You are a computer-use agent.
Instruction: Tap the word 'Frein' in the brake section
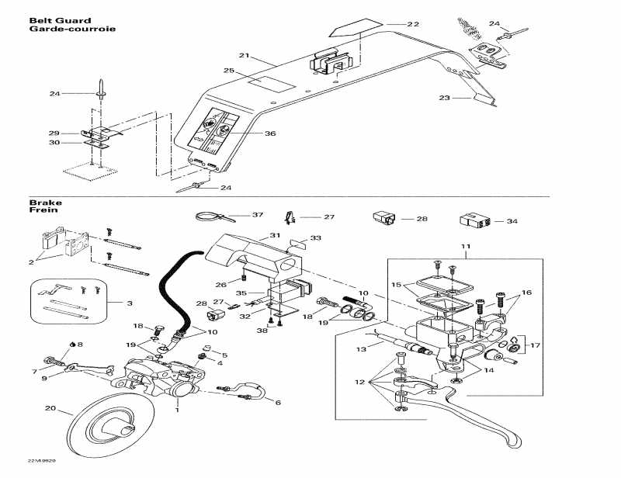[x=41, y=210]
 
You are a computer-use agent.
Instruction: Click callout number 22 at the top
[x=412, y=24]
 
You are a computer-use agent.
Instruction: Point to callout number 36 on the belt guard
[x=270, y=133]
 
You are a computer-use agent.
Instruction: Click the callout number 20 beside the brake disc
[x=50, y=408]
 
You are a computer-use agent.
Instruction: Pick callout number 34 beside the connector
[x=512, y=221]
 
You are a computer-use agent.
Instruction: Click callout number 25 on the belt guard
[x=228, y=71]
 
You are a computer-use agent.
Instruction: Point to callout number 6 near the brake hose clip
[x=277, y=402]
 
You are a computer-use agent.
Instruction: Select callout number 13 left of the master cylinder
[x=359, y=349]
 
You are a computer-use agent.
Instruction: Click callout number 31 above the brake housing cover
[x=275, y=234]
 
